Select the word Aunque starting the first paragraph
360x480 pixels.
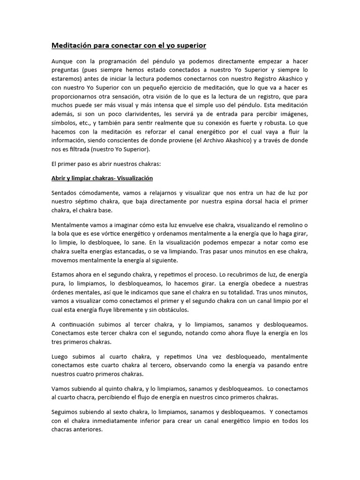(x=63, y=62)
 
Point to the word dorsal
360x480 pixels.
(x=237, y=202)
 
